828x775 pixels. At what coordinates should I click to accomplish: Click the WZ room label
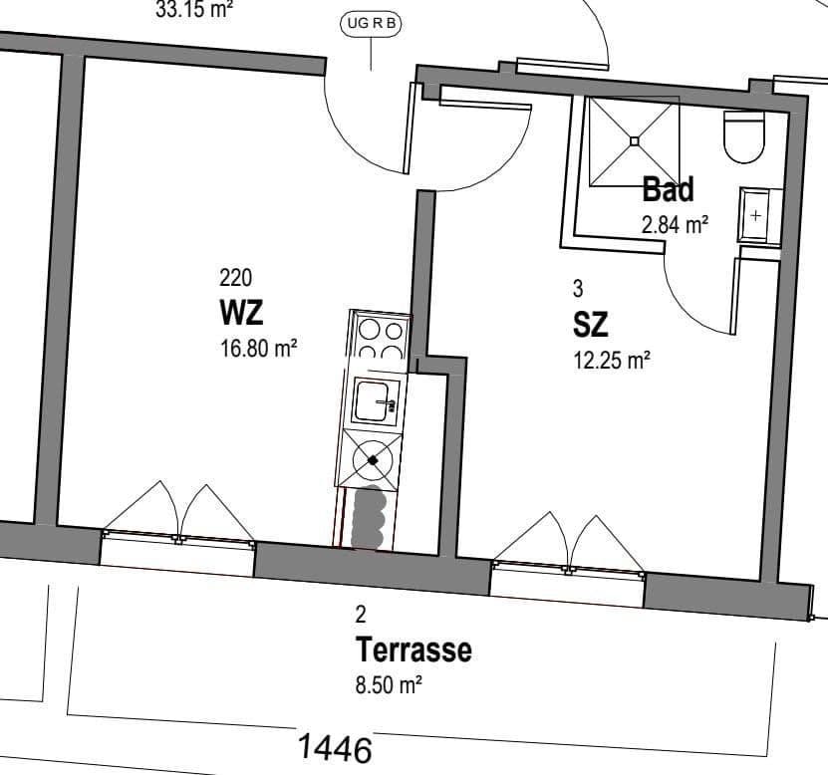coord(241,313)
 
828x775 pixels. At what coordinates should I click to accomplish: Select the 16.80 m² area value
coord(258,349)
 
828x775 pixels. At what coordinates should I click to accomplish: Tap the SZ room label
coord(590,324)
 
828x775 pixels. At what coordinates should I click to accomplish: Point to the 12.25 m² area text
coord(611,360)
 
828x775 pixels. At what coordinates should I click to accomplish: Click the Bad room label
coord(668,188)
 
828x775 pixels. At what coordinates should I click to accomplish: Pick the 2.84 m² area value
coord(675,224)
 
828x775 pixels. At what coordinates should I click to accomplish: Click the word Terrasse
coord(414,650)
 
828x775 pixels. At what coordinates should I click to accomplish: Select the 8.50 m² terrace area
coord(390,685)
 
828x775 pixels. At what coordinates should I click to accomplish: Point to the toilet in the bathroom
coord(742,137)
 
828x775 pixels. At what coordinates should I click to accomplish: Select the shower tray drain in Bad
coord(634,140)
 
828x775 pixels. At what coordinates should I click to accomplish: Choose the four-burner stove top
coord(380,339)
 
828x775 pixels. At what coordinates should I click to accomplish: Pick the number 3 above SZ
coord(578,289)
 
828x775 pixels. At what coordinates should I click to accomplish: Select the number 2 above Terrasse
coord(361,616)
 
